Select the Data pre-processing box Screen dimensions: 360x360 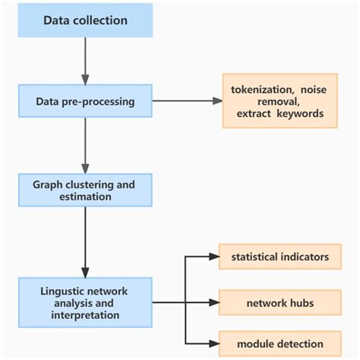(x=85, y=101)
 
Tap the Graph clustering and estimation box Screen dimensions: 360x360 (x=85, y=190)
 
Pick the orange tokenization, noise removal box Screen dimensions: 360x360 (x=279, y=101)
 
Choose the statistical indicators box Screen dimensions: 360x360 (x=279, y=257)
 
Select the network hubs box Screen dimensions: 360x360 (x=279, y=302)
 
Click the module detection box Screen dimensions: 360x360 (x=279, y=344)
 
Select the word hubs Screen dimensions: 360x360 (x=298, y=302)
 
